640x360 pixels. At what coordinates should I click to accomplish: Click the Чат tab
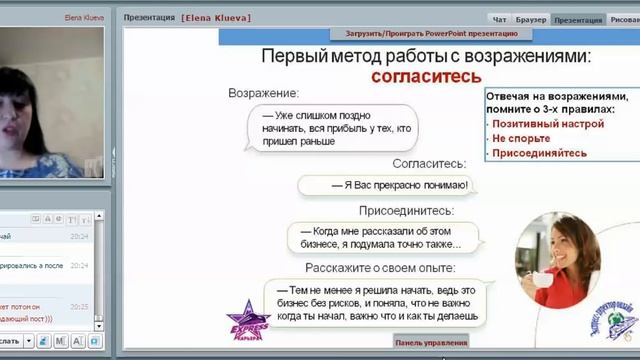(x=500, y=19)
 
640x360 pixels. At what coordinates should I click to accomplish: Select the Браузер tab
(x=531, y=19)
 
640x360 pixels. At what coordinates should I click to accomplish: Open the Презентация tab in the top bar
(x=578, y=19)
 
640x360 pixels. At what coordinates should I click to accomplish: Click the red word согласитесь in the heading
(x=426, y=76)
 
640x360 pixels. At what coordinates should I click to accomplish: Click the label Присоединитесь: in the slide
(x=407, y=211)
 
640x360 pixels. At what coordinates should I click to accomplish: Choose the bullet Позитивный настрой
(x=548, y=124)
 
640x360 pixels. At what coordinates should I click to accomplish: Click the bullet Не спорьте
(x=521, y=139)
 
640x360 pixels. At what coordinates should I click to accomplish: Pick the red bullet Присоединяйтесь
(x=539, y=154)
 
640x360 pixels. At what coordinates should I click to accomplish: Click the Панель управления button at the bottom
(x=431, y=342)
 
